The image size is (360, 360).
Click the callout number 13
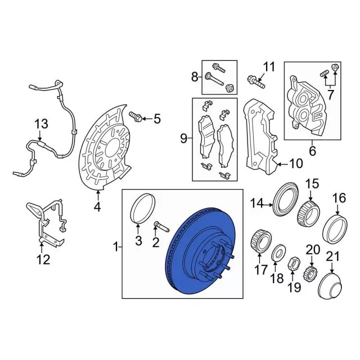[41, 124]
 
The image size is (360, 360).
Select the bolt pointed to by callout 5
[136, 116]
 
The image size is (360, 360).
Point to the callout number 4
[97, 207]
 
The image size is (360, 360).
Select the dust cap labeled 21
[331, 286]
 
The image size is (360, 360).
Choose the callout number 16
[339, 198]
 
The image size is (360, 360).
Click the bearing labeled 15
[309, 213]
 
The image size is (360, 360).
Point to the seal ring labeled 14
[286, 199]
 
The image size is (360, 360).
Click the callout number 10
[296, 163]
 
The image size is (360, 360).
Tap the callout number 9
[184, 138]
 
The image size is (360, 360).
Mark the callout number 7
[330, 95]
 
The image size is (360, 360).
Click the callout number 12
[43, 260]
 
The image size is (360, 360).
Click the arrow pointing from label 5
[146, 119]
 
